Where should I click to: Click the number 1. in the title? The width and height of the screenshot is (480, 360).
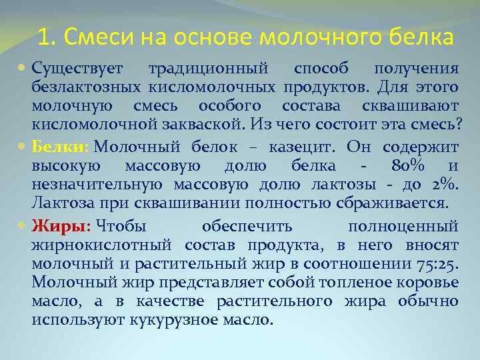tap(45, 37)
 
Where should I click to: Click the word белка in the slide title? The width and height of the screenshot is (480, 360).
tap(419, 37)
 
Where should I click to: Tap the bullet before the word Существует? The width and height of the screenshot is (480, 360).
tap(23, 69)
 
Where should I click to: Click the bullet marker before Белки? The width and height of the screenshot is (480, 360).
tap(23, 147)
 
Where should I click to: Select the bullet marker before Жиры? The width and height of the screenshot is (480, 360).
tap(23, 225)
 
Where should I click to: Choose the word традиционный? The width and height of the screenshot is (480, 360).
tap(208, 69)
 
